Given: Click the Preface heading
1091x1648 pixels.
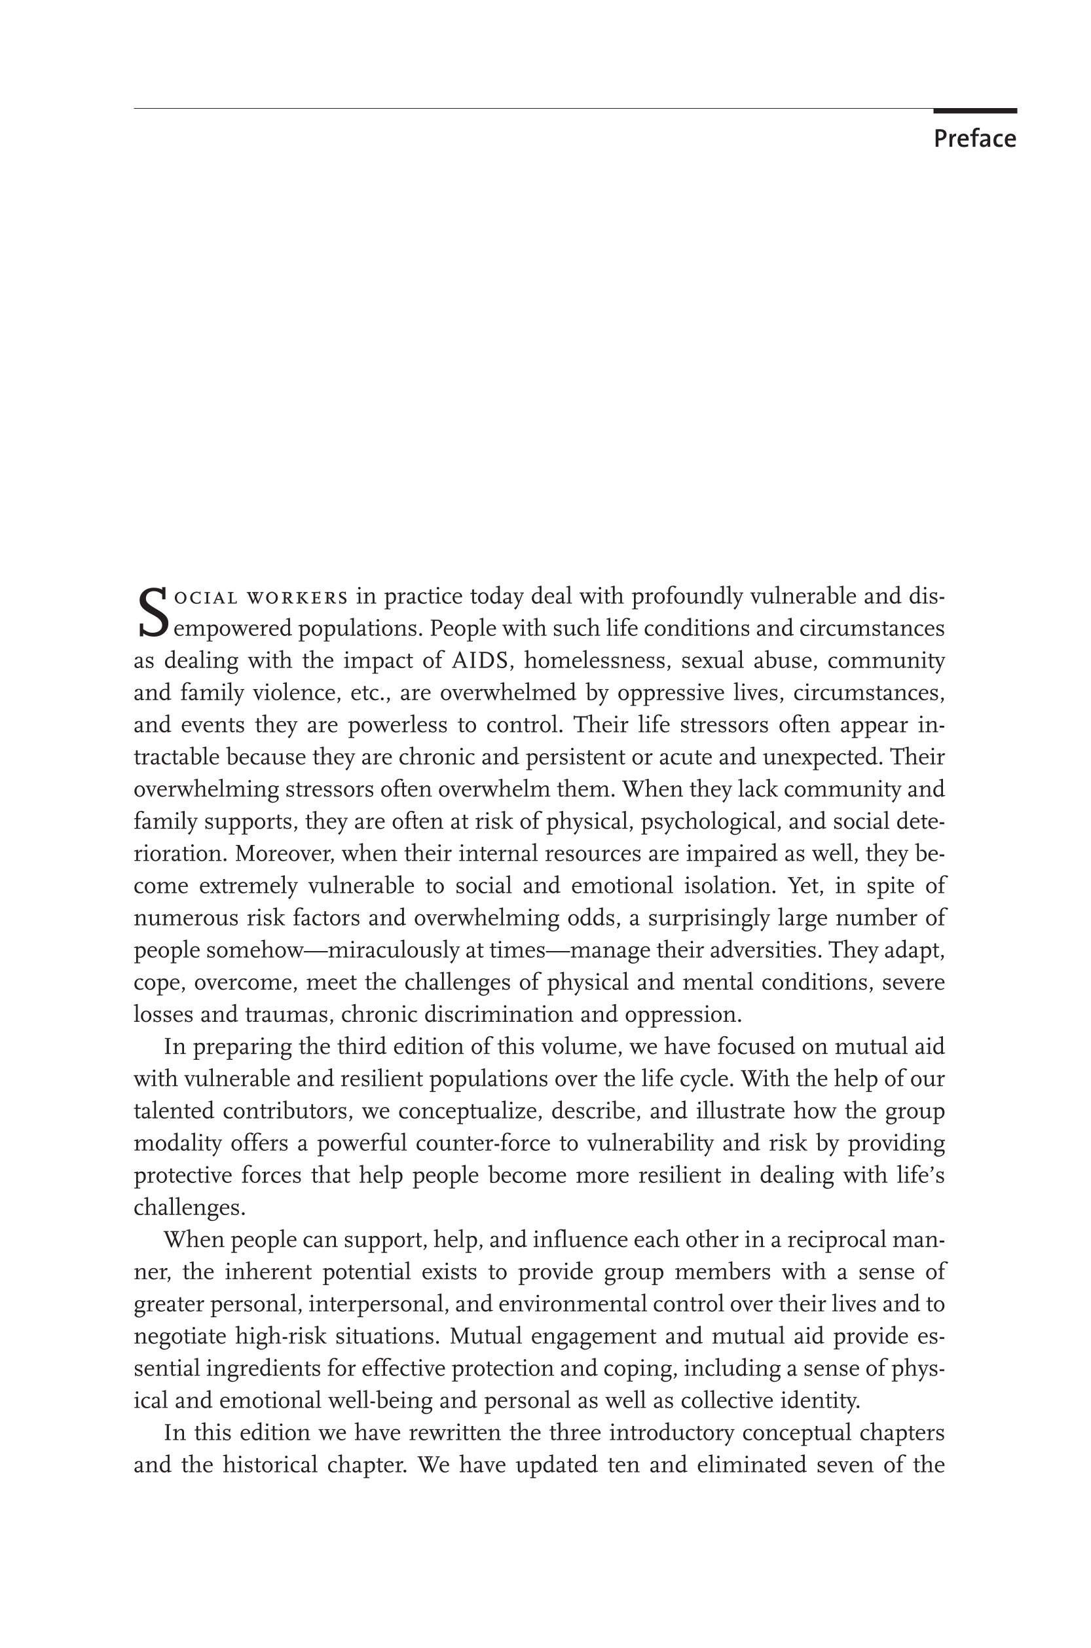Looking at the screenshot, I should (974, 139).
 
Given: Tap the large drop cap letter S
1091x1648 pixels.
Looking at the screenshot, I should (152, 612).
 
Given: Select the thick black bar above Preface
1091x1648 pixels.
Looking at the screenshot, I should (974, 111).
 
